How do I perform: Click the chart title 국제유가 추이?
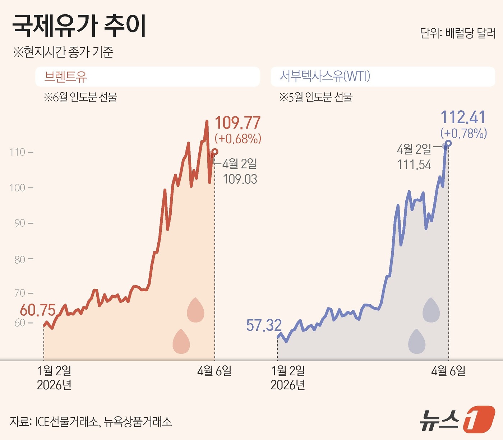79,26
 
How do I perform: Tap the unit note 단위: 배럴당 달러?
458,33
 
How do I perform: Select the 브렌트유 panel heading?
65,77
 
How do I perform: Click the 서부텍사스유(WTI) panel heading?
325,76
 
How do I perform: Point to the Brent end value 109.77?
237,123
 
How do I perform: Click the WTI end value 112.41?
463,117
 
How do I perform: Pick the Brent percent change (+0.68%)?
238,139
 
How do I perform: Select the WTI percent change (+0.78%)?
464,133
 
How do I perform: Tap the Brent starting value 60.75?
38,310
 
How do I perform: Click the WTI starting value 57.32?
264,325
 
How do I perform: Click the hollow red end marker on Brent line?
215,152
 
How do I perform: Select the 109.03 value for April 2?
240,179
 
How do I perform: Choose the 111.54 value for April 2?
414,165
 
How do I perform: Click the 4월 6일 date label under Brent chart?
214,371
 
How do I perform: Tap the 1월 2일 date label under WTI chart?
288,371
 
